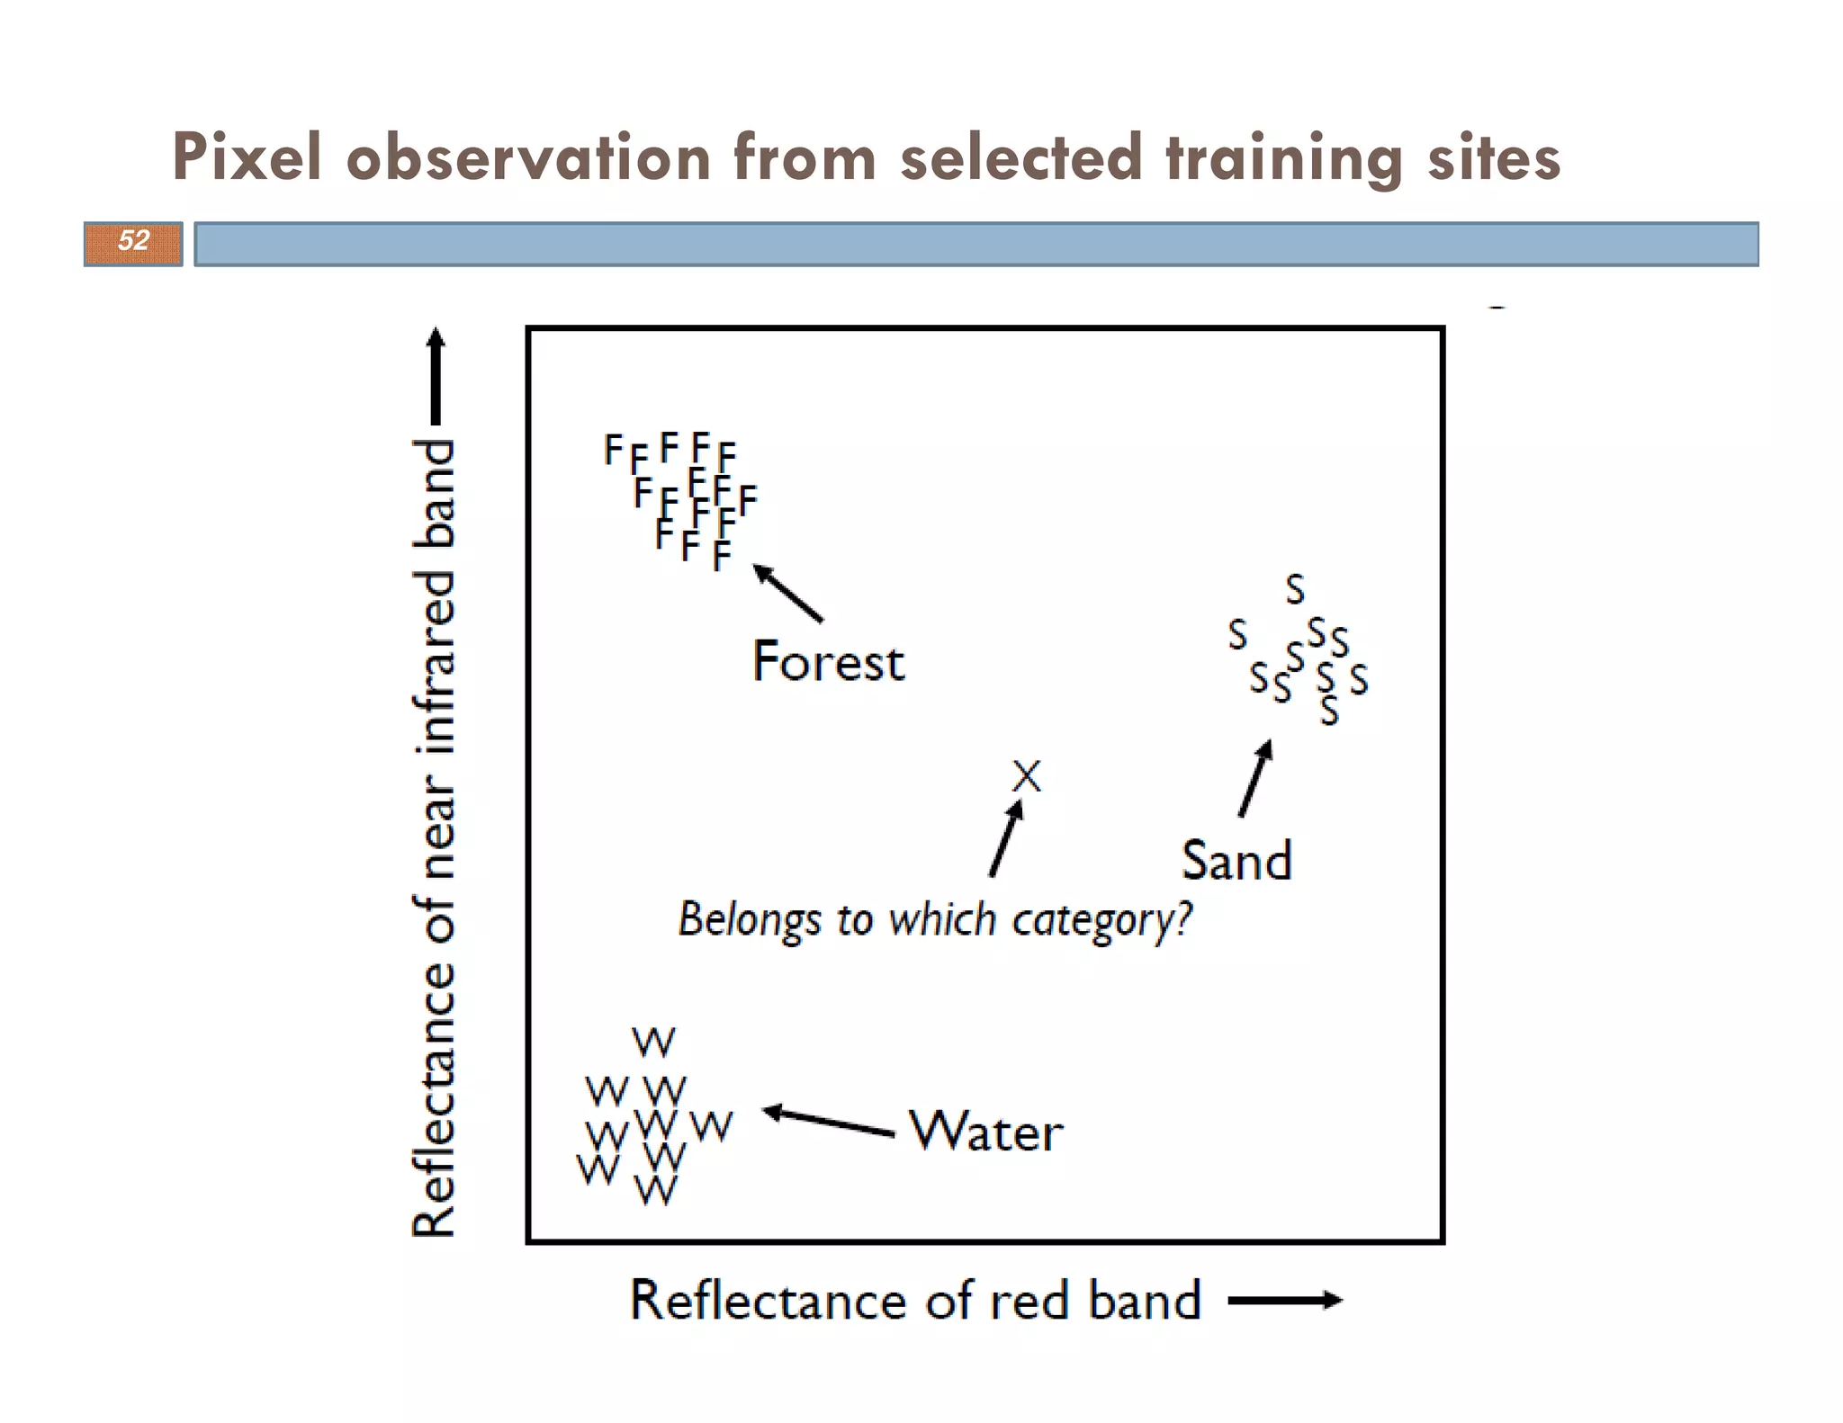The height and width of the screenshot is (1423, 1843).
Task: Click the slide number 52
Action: [133, 241]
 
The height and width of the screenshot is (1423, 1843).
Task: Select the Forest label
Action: [828, 663]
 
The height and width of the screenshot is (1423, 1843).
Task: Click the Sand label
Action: [1236, 861]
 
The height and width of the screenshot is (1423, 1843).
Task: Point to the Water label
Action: [986, 1132]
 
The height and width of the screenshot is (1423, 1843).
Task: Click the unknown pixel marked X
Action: [1026, 775]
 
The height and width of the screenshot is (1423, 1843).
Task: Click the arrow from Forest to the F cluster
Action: [787, 593]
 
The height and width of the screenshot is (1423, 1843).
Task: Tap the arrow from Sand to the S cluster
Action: [1254, 778]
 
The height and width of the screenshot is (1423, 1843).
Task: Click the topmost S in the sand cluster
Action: [1294, 589]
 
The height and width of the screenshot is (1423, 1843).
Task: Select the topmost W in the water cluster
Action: [653, 1043]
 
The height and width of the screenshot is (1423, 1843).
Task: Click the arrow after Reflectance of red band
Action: [1284, 1300]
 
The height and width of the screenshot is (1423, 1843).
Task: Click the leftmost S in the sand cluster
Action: [1237, 635]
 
